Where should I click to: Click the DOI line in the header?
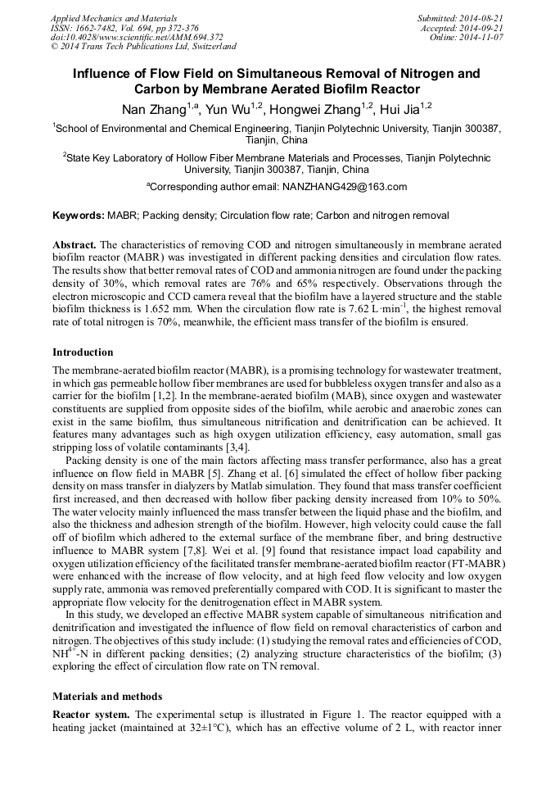(x=137, y=38)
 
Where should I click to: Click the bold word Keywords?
(x=78, y=216)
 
